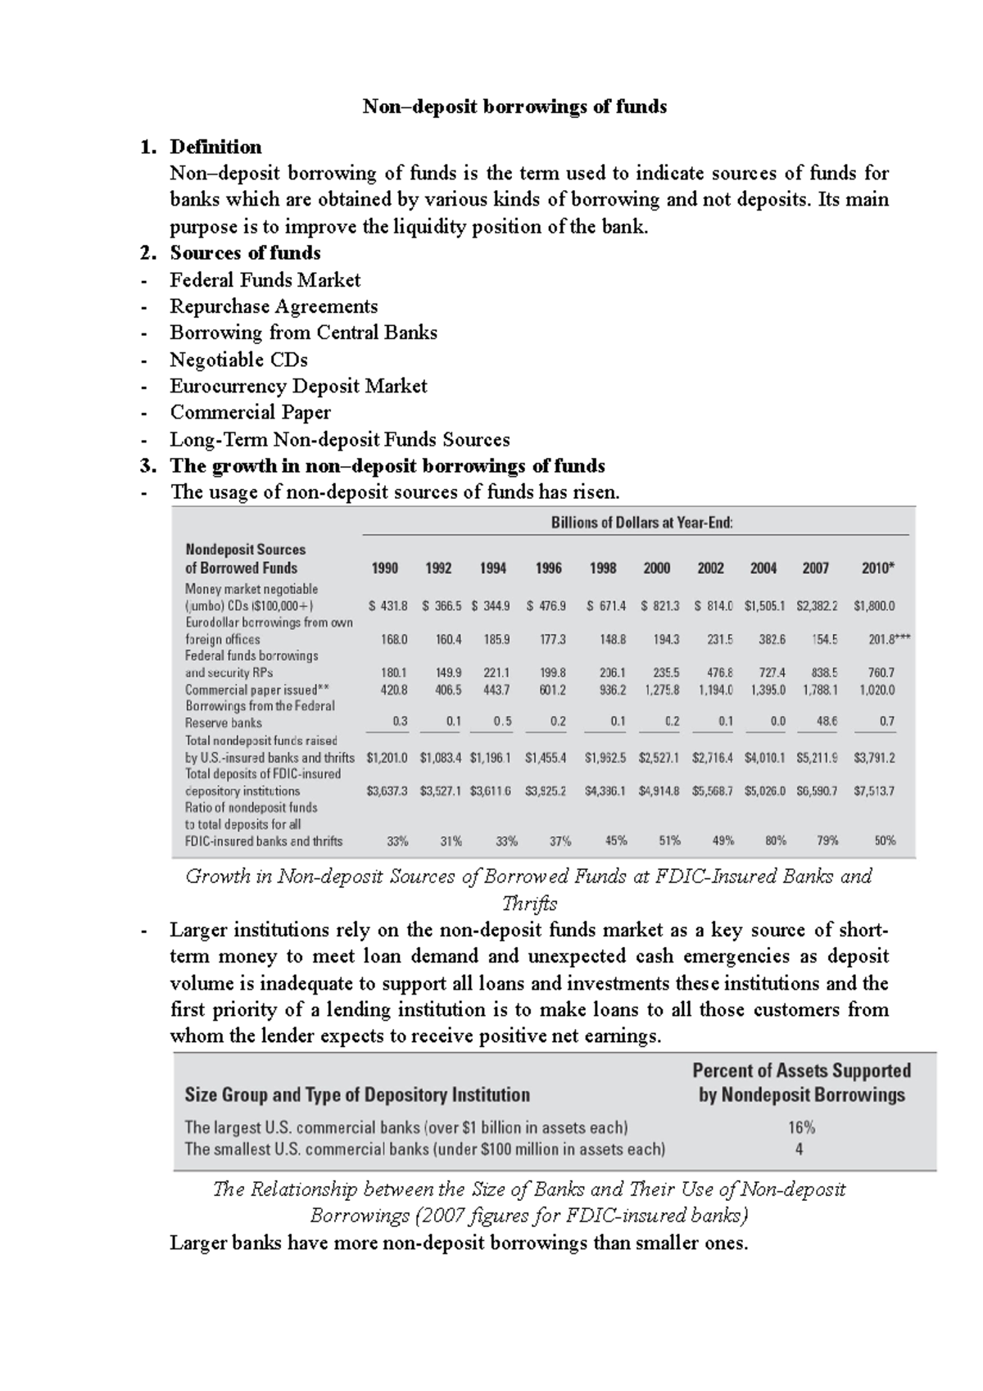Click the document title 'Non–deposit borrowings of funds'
(514, 106)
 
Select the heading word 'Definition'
(215, 147)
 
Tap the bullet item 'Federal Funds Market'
(265, 280)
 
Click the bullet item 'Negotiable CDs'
(238, 360)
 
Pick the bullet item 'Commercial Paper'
(250, 412)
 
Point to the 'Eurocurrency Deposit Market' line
(298, 386)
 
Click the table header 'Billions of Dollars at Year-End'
(641, 523)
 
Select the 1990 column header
(385, 568)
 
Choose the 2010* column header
(878, 568)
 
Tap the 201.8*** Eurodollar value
(889, 640)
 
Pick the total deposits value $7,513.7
(874, 791)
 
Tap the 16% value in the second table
(801, 1127)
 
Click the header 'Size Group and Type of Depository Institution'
(357, 1094)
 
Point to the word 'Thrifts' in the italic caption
(528, 904)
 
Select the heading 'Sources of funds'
(245, 253)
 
